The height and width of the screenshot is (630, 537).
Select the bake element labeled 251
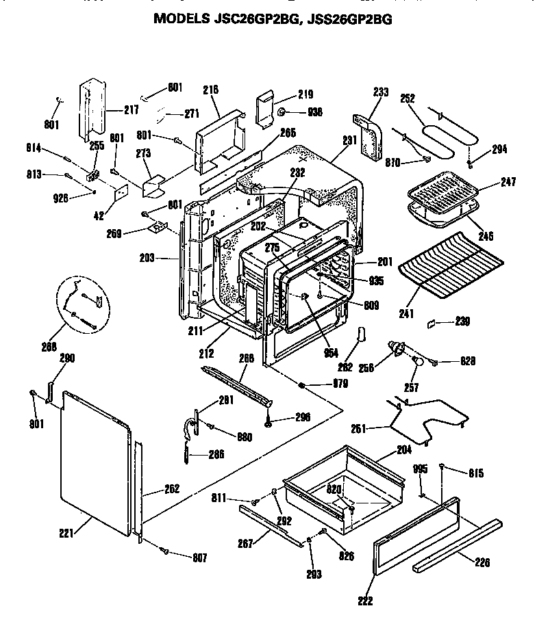click(x=425, y=421)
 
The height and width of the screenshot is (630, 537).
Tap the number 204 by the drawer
click(x=404, y=451)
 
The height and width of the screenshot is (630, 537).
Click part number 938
click(x=315, y=112)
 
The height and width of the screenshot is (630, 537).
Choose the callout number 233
click(x=382, y=91)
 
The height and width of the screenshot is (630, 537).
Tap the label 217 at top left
click(x=131, y=109)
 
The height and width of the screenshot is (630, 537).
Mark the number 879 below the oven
click(x=340, y=384)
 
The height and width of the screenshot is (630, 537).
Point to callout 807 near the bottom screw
click(x=199, y=557)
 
